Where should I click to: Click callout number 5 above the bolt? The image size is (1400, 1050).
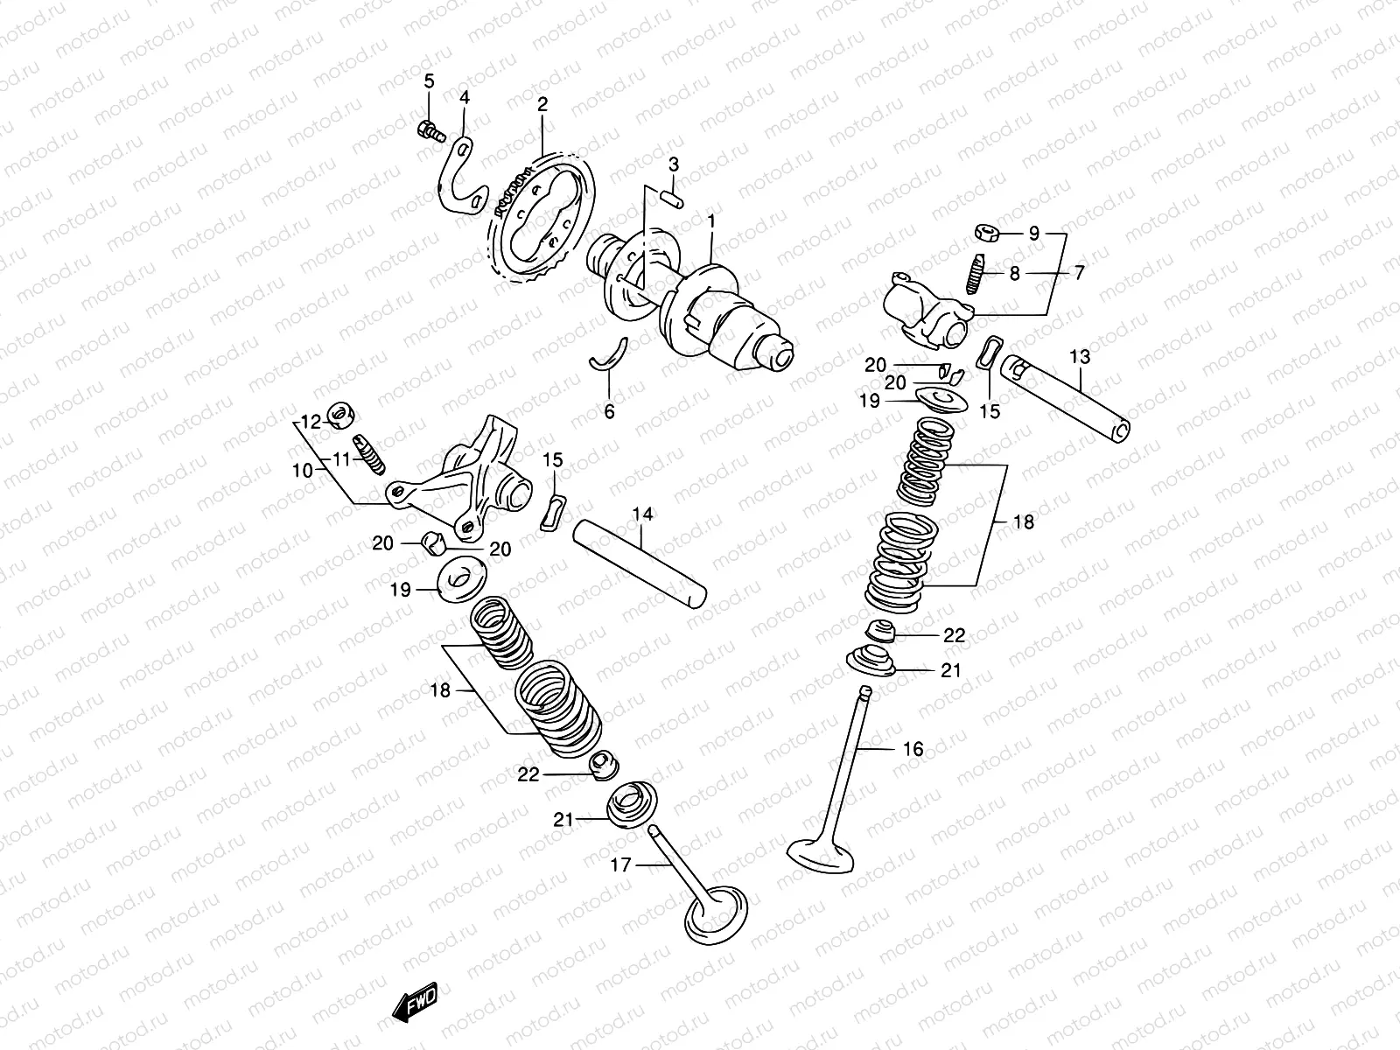point(429,81)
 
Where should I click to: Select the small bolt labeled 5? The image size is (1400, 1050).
point(428,131)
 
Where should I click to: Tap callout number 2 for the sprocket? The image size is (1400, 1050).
point(542,105)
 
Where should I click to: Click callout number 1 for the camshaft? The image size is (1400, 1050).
point(711,199)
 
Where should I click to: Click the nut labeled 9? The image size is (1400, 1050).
point(986,233)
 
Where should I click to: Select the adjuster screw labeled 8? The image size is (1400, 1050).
point(976,271)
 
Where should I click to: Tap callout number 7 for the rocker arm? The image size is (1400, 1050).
point(1079,273)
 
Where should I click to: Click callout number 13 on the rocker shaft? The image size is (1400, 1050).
point(1080,356)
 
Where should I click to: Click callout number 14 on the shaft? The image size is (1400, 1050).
point(643,514)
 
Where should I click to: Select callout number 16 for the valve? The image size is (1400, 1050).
point(913,749)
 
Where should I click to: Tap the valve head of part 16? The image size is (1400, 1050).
point(822,852)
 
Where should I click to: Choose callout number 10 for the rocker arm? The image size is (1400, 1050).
point(302,470)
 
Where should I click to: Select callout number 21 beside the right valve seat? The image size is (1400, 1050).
point(950,670)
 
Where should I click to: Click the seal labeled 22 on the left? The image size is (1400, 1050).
point(602,766)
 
